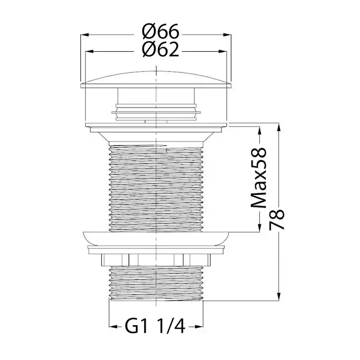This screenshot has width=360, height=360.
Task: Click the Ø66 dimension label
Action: point(160,31)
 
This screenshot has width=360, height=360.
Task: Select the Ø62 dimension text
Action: point(160,50)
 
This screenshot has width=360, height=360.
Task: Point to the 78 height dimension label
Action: point(277,220)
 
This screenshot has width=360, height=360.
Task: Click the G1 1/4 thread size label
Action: point(155,327)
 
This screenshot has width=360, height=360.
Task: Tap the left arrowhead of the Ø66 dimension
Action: point(85,35)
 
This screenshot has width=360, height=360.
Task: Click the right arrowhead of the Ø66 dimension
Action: point(227,35)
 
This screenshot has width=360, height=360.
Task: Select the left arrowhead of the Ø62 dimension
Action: point(90,52)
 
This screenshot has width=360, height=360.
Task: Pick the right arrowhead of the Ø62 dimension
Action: point(223,52)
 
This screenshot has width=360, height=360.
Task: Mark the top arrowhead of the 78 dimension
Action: point(279,127)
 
